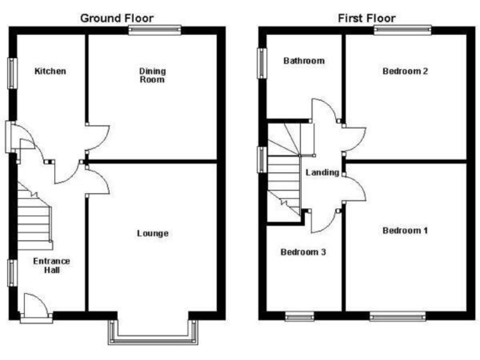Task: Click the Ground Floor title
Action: click(x=116, y=18)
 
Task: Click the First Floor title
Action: click(x=366, y=18)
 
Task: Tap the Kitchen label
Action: click(x=50, y=71)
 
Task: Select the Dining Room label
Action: click(x=152, y=75)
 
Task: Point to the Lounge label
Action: click(x=152, y=234)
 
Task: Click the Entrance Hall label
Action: click(x=51, y=266)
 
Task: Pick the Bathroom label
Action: click(x=304, y=61)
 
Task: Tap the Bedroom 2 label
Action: click(x=405, y=71)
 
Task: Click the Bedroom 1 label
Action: click(x=405, y=231)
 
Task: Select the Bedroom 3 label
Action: click(x=303, y=252)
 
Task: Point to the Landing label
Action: click(x=322, y=172)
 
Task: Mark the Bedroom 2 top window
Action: click(x=402, y=29)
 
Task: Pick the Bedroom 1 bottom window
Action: click(x=397, y=317)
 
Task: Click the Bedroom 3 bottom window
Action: click(x=299, y=317)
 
